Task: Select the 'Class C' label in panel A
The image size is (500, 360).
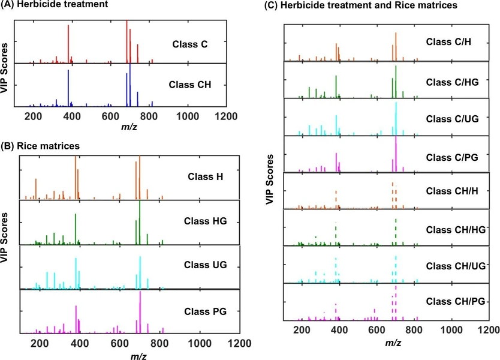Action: [189, 43]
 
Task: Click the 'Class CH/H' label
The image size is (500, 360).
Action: [450, 191]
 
